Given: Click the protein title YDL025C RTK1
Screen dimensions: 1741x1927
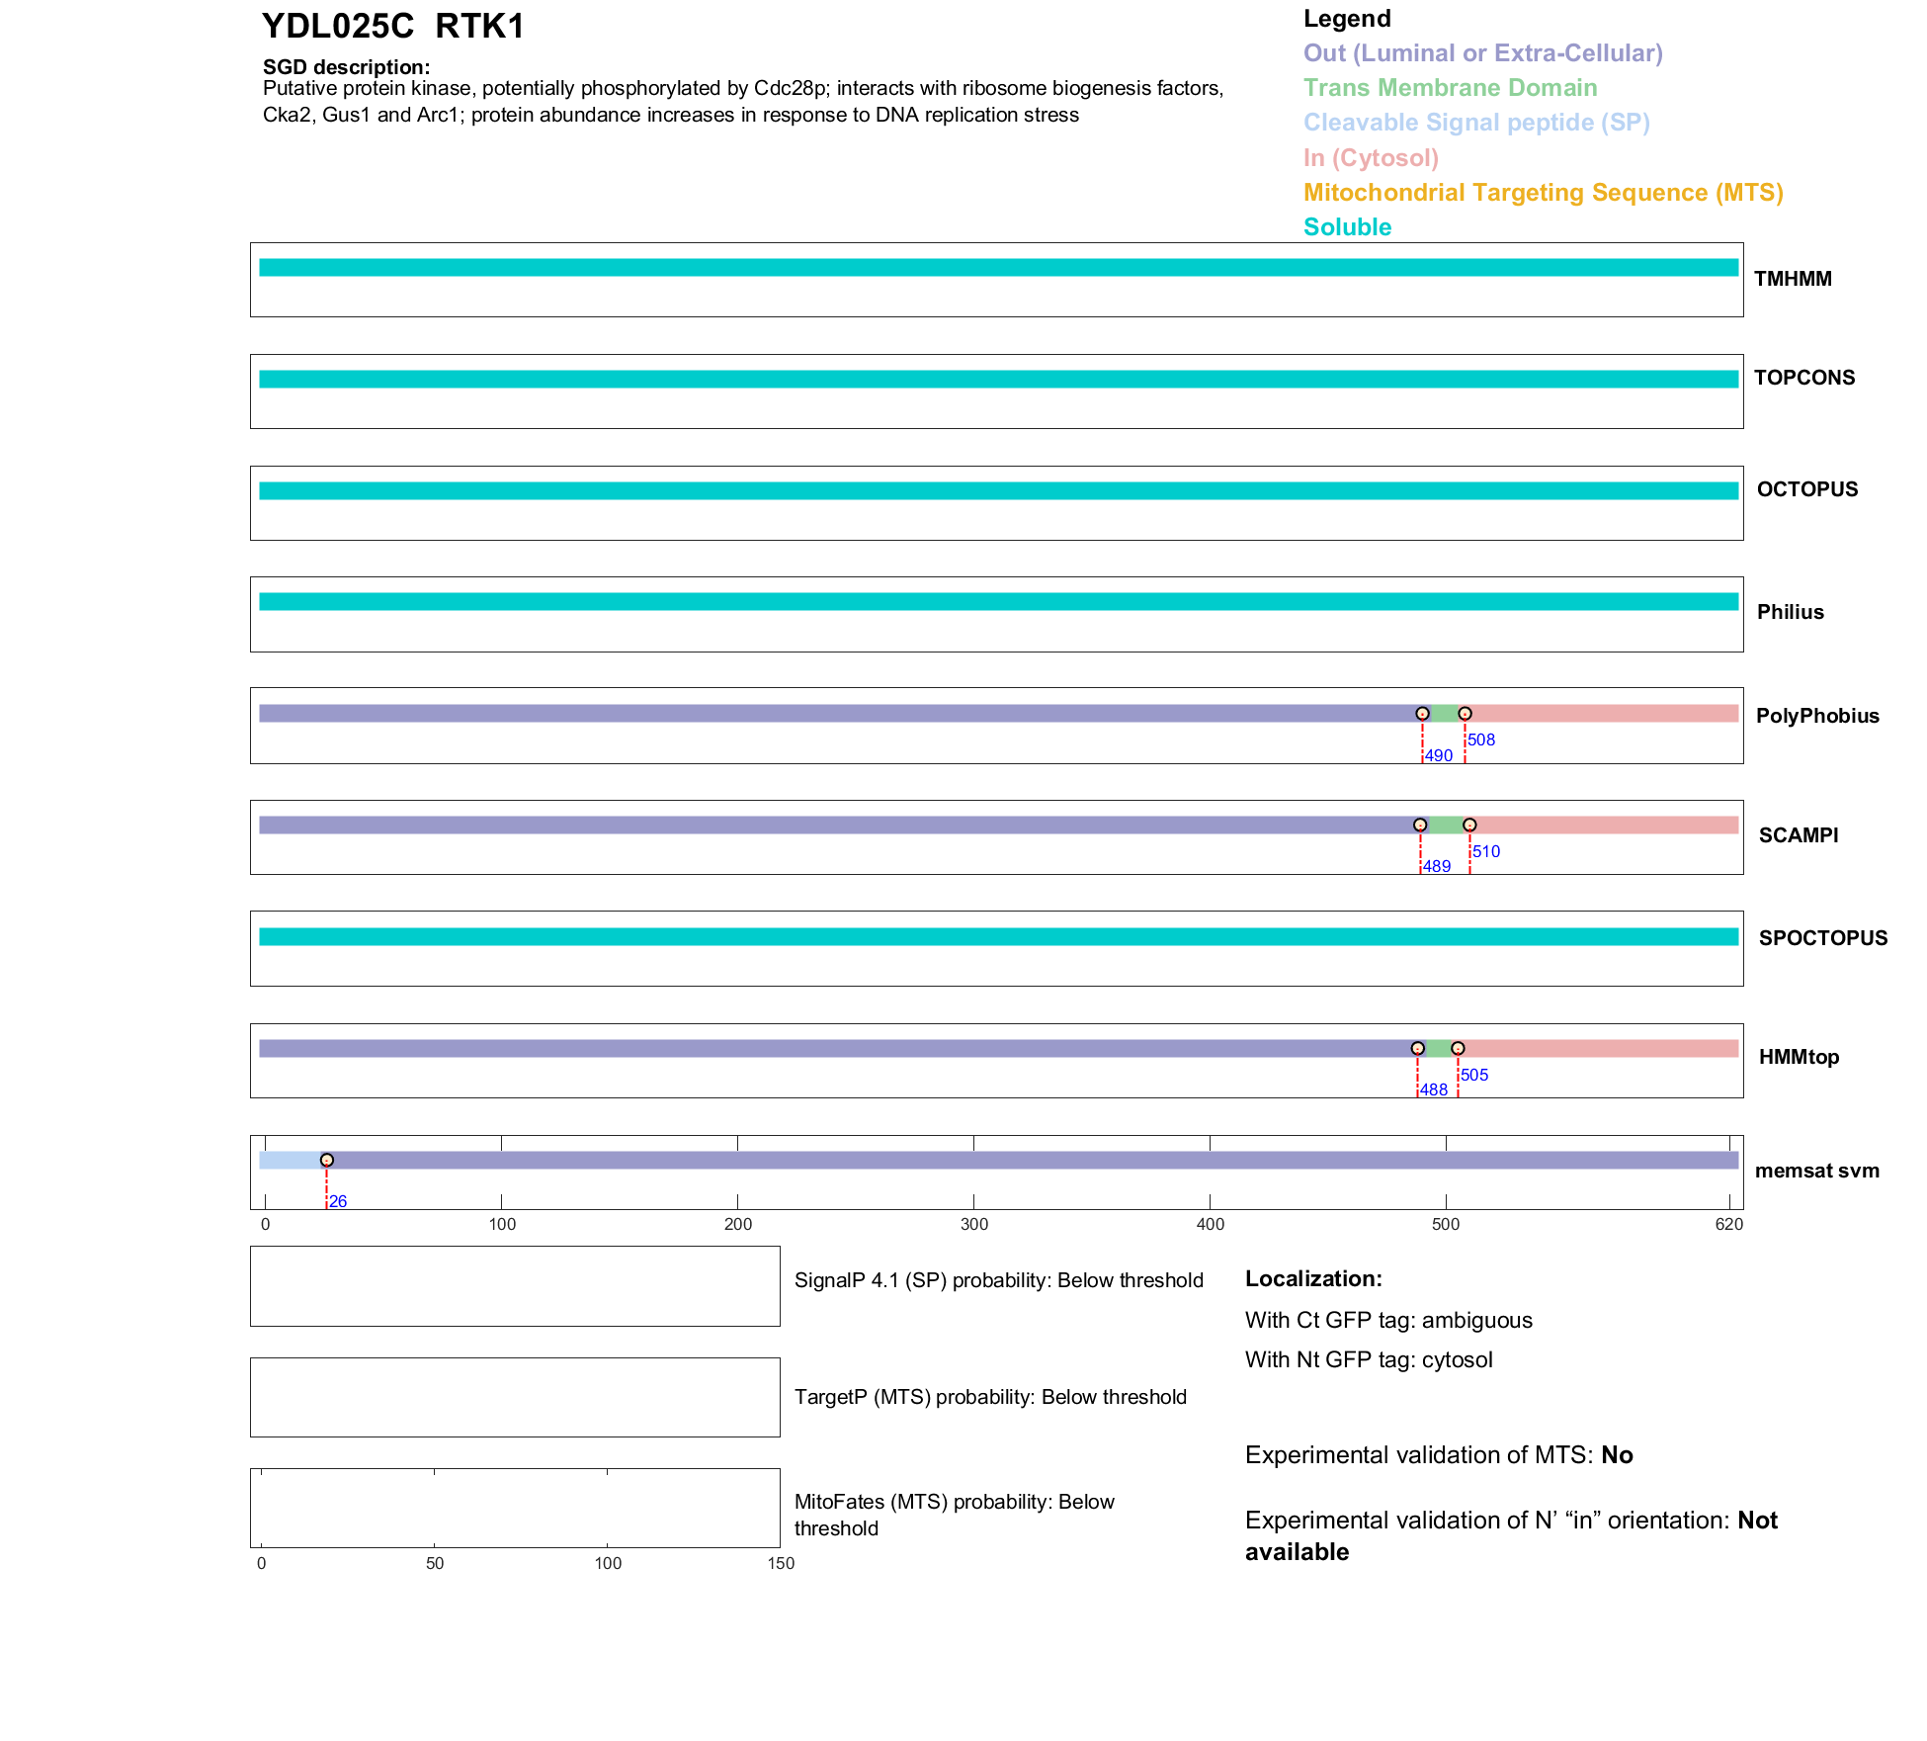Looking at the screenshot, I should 392,27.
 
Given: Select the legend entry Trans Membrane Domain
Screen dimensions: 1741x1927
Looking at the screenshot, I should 1450,88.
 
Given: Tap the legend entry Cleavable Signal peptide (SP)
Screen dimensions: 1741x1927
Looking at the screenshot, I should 1476,123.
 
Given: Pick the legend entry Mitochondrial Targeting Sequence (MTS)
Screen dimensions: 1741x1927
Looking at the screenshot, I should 1543,193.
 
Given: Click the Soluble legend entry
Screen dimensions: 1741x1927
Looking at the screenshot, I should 1347,227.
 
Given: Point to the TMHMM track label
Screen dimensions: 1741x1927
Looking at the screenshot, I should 1793,280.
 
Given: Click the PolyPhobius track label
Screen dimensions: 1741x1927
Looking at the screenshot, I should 1817,717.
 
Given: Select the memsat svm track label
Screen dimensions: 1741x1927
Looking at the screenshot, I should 1816,1172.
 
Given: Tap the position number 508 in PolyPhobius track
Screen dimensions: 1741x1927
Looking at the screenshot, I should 1481,740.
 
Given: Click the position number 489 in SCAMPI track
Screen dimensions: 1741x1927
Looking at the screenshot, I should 1437,867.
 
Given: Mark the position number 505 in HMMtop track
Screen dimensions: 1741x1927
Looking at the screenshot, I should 1474,1076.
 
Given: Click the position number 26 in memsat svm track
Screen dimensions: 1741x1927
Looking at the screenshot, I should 338,1202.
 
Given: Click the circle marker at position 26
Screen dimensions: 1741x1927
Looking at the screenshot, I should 327,1161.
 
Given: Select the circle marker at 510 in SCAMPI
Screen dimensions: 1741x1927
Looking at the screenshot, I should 1469,826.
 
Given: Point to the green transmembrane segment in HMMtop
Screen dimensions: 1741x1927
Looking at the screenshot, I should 1438,1049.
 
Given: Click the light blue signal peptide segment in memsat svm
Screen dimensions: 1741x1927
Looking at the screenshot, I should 291,1161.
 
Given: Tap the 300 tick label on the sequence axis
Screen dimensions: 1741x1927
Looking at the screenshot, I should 974,1225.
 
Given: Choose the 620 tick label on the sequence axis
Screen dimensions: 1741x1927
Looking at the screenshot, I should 1729,1225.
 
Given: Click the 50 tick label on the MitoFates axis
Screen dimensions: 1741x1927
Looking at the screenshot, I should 435,1564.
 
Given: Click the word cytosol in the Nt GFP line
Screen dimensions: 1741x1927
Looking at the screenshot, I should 1458,1360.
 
